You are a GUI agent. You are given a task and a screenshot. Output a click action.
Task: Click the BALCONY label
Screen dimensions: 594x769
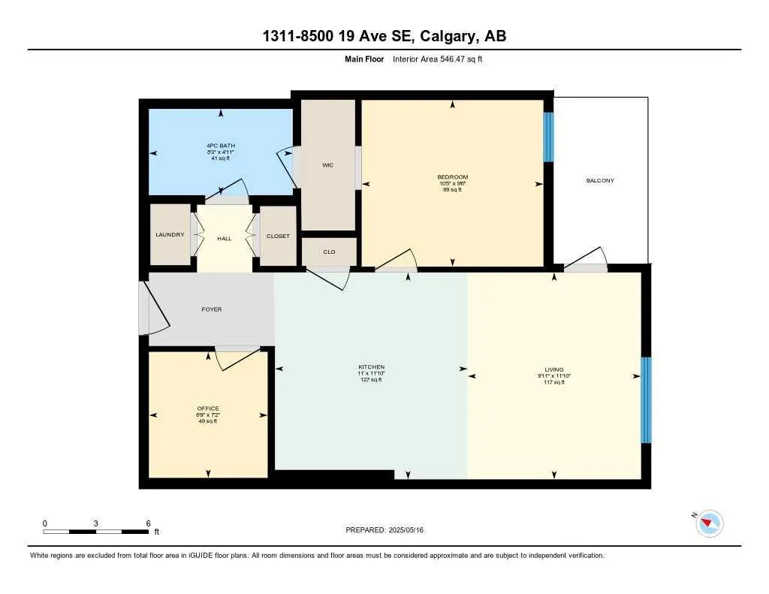[600, 181]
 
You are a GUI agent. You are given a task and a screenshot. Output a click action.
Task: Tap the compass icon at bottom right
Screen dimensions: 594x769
[710, 523]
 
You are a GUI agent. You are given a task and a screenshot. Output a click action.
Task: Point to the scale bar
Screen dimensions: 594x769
[95, 532]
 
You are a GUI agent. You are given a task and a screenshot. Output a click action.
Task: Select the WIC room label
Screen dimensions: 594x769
[327, 165]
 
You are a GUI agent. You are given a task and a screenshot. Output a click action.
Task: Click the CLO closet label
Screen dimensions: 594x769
[329, 252]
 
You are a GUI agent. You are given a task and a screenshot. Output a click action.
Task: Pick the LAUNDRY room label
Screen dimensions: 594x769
[170, 235]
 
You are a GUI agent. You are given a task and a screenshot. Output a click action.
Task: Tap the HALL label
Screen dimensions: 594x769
[225, 239]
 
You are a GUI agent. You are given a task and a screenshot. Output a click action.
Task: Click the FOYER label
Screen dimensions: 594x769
[212, 309]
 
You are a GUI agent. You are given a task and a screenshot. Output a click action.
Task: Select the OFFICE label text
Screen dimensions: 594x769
[208, 409]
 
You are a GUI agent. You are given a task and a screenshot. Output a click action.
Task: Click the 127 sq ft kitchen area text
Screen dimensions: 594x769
[371, 380]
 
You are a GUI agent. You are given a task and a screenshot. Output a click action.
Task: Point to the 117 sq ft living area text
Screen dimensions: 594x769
[554, 382]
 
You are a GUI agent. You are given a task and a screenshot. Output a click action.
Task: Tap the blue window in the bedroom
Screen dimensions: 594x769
[548, 137]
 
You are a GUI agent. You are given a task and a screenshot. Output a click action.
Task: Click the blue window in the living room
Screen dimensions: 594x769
[646, 400]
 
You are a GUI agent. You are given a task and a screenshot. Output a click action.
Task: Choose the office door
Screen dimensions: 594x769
[237, 357]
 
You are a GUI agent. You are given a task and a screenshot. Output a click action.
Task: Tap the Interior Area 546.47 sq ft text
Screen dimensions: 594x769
[437, 59]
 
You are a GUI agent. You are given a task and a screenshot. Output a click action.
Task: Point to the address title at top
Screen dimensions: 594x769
[384, 37]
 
